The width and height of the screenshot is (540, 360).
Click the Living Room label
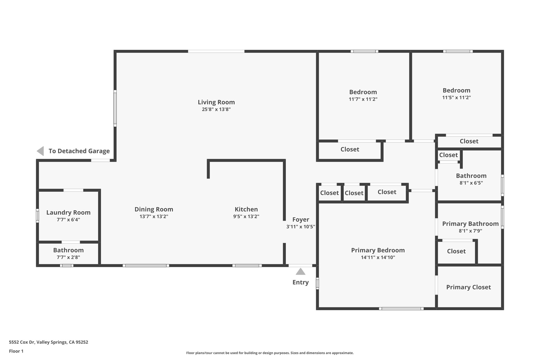click(x=216, y=102)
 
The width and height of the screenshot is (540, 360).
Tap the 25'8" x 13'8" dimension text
click(x=216, y=109)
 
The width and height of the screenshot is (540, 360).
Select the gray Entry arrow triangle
click(x=300, y=272)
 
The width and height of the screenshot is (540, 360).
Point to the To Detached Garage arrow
click(x=40, y=151)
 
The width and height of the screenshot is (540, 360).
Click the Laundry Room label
click(x=68, y=212)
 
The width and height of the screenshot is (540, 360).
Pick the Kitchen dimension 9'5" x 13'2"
click(x=246, y=217)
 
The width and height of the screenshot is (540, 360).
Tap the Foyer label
click(x=301, y=219)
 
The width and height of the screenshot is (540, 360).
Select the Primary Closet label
click(x=468, y=287)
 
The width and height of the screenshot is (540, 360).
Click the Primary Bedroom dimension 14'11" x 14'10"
click(x=378, y=257)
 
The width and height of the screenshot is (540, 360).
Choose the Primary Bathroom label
click(x=470, y=224)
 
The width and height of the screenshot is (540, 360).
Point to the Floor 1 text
click(x=16, y=351)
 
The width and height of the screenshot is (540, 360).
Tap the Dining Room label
click(x=154, y=209)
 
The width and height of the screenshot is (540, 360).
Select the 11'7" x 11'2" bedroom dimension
click(x=363, y=99)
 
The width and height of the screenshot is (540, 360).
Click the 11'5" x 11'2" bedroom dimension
click(x=456, y=97)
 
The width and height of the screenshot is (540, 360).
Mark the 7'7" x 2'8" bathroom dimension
click(x=68, y=257)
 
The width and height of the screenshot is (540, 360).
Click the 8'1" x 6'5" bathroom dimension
click(x=471, y=183)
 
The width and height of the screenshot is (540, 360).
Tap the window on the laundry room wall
click(x=37, y=215)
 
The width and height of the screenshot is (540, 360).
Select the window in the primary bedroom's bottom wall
click(x=401, y=308)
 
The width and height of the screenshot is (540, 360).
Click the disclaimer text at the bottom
click(x=270, y=353)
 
